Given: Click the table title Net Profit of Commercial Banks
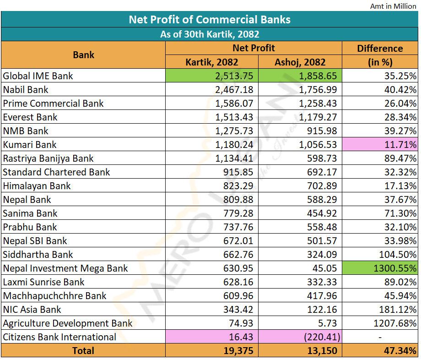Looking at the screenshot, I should click(x=210, y=20).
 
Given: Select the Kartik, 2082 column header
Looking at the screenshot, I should click(x=211, y=62).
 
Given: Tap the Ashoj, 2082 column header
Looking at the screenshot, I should click(x=300, y=62).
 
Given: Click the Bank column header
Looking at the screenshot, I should click(x=83, y=55).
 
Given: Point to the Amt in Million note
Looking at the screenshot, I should click(x=393, y=6).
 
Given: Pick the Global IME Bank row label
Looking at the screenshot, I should click(x=38, y=76).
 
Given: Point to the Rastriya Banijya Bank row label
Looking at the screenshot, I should click(x=48, y=158).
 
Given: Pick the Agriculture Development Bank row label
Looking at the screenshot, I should click(x=68, y=323).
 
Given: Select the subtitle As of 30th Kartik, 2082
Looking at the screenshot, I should click(x=210, y=34).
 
